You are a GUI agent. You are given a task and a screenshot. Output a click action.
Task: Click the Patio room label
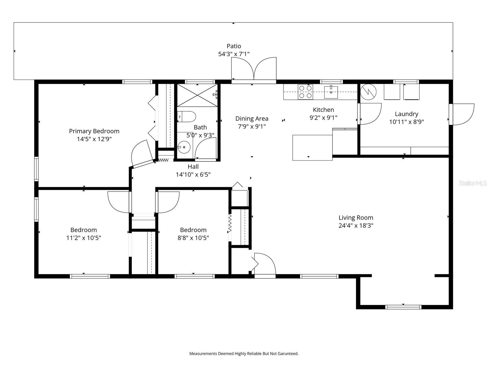234,46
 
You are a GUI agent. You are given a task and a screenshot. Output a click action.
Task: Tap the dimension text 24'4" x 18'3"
356,226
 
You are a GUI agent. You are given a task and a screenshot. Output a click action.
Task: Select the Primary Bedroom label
94,131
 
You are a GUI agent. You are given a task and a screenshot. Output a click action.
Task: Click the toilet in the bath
187,117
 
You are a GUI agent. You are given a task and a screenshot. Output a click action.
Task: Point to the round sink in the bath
184,147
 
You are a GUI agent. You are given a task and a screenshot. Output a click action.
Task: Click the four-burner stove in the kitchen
305,92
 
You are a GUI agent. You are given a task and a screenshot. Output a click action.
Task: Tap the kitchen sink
331,92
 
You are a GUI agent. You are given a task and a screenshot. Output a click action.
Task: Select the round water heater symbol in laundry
368,91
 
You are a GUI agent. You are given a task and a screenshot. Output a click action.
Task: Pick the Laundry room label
406,114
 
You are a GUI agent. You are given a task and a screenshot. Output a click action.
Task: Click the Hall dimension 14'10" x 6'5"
193,175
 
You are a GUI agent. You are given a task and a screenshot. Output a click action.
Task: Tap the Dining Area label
252,119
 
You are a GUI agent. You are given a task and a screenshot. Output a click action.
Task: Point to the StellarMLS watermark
472,183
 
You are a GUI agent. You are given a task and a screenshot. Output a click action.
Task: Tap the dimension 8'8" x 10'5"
193,238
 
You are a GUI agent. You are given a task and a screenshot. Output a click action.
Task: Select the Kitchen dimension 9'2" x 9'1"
323,118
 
